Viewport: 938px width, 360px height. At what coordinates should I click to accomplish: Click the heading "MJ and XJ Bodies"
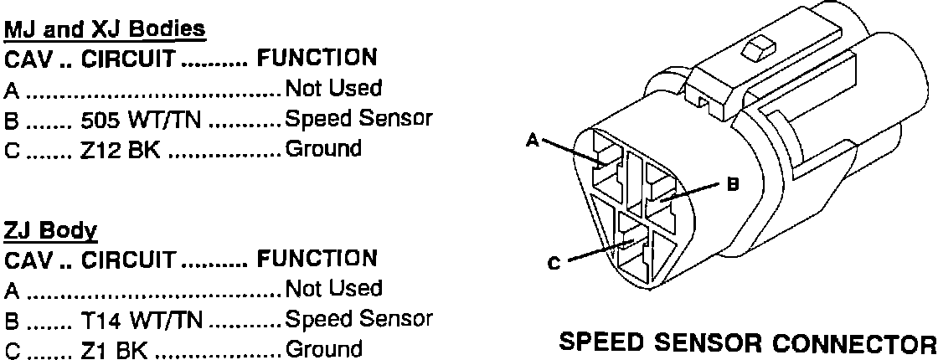106,30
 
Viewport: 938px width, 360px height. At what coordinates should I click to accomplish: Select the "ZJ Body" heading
51,229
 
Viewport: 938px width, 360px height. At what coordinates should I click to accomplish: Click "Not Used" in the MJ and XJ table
333,89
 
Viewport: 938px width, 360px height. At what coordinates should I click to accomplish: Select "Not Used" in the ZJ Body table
333,289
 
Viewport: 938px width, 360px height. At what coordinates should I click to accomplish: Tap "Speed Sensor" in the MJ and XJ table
358,120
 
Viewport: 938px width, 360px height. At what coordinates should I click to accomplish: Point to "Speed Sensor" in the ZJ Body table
358,319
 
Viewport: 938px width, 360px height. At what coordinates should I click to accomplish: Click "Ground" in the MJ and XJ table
323,151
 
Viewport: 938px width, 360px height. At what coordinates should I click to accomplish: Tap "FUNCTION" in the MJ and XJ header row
316,59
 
